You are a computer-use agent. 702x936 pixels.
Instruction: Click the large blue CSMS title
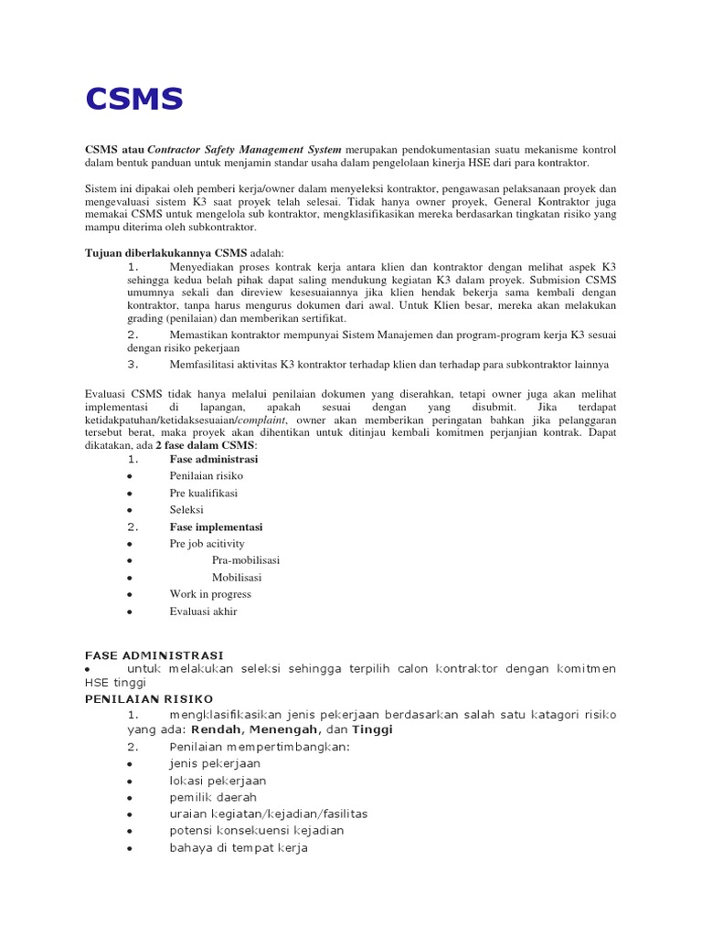[134, 99]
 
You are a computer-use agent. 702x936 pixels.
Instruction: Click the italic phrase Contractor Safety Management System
[244, 149]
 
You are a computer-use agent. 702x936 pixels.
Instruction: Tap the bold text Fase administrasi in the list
[214, 459]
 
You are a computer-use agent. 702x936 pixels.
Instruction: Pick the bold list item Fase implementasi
[216, 527]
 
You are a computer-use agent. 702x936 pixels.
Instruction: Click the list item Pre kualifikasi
[203, 493]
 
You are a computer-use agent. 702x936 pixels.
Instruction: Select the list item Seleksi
[186, 510]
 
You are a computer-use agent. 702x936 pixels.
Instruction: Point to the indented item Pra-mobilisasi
[246, 560]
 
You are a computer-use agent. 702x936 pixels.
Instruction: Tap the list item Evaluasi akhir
[203, 612]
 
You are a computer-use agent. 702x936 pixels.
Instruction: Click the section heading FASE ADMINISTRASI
[154, 655]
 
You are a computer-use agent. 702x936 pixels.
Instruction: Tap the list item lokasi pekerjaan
[218, 781]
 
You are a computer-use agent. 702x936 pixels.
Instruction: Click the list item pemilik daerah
[213, 797]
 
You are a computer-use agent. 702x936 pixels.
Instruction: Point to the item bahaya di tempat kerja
[239, 848]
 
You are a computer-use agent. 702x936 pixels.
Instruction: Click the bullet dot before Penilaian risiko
[133, 476]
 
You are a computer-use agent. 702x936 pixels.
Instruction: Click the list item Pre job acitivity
[207, 544]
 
